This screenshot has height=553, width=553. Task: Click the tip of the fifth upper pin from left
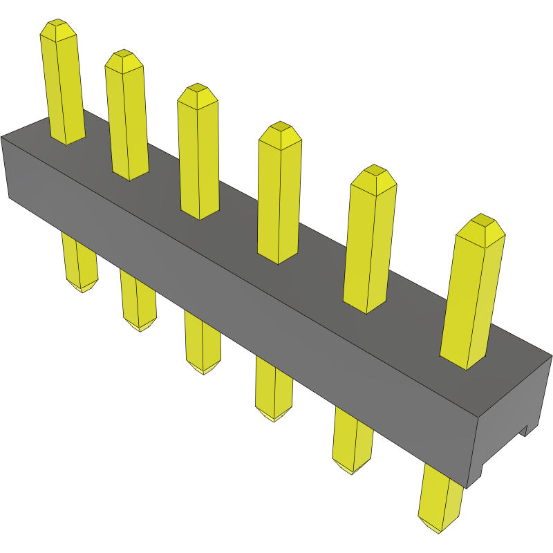click(x=373, y=174)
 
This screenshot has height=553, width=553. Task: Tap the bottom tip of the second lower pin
click(x=139, y=326)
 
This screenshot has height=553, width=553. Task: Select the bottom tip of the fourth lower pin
click(x=274, y=417)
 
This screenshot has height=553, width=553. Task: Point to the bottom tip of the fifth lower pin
click(x=353, y=469)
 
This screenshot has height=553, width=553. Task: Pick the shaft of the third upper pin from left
click(x=198, y=159)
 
